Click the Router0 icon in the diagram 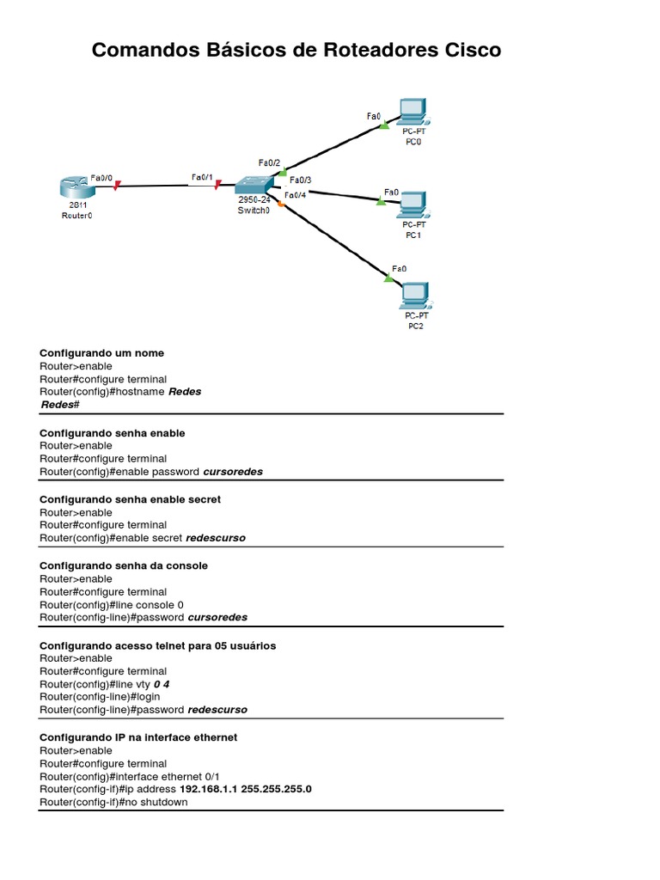click(x=73, y=186)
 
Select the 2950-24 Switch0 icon click(x=254, y=185)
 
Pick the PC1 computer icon click(x=413, y=203)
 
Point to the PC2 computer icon click(x=414, y=295)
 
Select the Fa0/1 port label click(x=202, y=178)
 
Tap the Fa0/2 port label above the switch click(x=269, y=162)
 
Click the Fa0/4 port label click(x=295, y=195)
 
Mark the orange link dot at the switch click(x=280, y=203)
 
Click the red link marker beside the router click(x=116, y=183)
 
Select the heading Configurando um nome click(x=101, y=353)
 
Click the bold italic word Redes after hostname click(x=185, y=392)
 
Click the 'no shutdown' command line click(x=113, y=803)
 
